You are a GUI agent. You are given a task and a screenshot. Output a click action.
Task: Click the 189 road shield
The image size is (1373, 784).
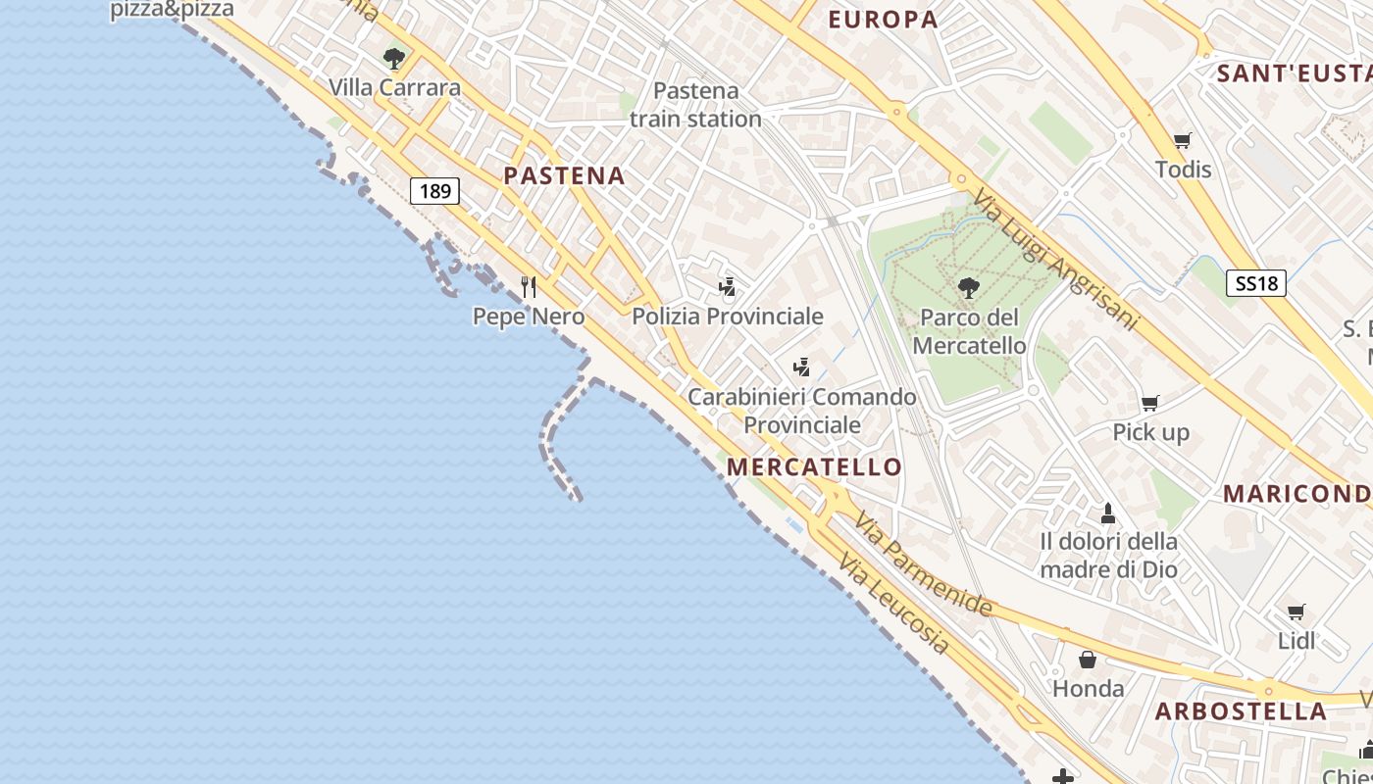(434, 190)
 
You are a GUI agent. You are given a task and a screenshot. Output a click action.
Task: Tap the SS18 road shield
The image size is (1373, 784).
(1255, 284)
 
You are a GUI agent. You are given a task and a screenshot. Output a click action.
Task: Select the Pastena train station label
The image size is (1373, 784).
(695, 105)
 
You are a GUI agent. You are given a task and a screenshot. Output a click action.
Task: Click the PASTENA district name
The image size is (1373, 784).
(564, 176)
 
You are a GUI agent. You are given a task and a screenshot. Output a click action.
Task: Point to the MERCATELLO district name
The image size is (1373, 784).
(814, 467)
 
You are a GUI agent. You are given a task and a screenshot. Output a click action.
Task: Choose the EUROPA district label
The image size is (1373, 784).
(883, 20)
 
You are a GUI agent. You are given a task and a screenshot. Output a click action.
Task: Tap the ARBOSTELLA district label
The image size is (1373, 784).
(1241, 711)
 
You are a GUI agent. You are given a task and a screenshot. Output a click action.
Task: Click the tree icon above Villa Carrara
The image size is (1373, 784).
(394, 59)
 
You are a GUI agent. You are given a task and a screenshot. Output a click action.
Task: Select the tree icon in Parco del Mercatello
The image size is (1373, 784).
(968, 288)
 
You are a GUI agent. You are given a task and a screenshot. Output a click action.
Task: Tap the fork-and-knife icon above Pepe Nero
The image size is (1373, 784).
(529, 286)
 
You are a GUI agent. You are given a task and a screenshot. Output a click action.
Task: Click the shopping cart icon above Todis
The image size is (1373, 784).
(1183, 141)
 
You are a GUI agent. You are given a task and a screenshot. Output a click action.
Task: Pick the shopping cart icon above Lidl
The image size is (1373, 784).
(1297, 612)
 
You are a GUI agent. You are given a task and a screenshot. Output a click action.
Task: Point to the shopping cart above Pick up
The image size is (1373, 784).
(1150, 403)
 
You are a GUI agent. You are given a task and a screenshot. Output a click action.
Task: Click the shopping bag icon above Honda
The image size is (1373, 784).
(1088, 660)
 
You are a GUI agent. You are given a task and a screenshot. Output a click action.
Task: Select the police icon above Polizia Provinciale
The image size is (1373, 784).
(727, 286)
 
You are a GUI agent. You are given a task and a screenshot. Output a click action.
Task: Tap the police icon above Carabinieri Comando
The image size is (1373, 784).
(801, 367)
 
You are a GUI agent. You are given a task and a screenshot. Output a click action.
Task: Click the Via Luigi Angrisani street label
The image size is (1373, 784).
(1055, 261)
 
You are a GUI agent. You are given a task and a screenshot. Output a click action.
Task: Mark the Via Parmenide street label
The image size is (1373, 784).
(923, 563)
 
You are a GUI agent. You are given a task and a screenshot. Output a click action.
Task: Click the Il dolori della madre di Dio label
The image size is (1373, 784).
(1108, 555)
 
